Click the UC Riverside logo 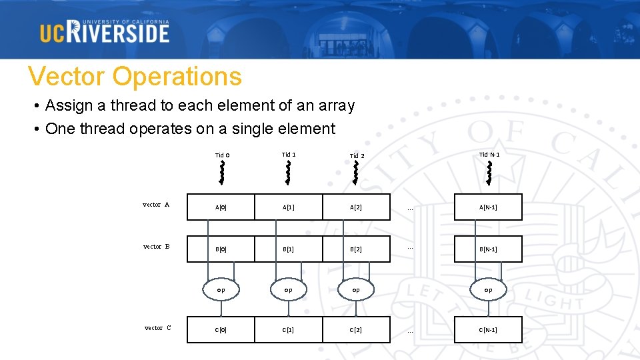tap(105, 31)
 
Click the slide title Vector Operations tap(135, 77)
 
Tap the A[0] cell tap(221, 207)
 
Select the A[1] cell tap(289, 207)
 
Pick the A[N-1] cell tap(488, 207)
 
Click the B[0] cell tap(221, 249)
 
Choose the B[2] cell tap(356, 249)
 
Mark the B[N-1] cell tap(488, 249)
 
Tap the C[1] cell tap(289, 330)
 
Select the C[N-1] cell tap(488, 330)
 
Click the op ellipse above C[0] tap(221, 290)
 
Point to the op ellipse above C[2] tap(356, 290)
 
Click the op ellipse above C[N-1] tap(488, 290)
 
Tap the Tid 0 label tap(223, 155)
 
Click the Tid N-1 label tap(489, 155)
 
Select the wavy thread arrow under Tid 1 tap(289, 172)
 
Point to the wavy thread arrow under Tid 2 tap(356, 172)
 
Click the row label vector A tap(156, 205)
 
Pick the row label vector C tap(158, 327)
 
